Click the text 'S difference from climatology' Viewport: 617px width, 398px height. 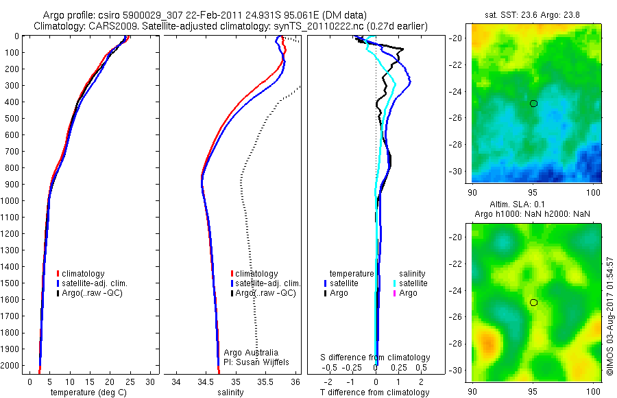(376, 358)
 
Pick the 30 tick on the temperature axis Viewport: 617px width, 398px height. (150, 381)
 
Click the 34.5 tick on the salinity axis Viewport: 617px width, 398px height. (205, 381)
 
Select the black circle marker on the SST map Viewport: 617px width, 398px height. (533, 104)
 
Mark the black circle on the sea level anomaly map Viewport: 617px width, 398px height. (533, 303)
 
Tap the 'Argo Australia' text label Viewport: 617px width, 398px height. (251, 353)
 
